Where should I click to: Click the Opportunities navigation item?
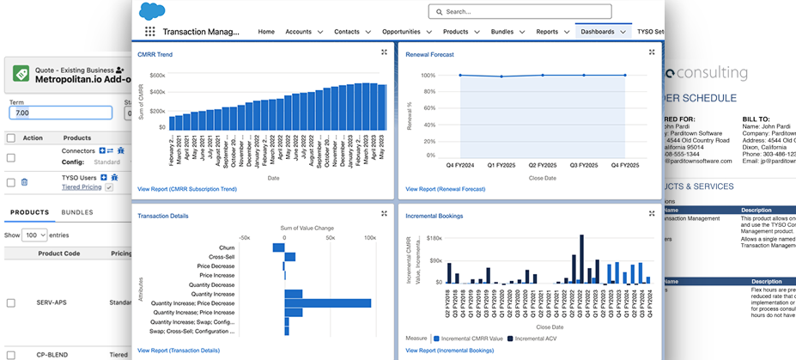tap(406, 32)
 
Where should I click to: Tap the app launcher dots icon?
tap(150, 32)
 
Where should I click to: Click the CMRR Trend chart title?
tap(155, 54)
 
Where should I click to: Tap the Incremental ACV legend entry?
tap(536, 339)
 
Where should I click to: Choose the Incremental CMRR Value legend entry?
tap(471, 339)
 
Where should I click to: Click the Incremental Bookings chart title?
tap(434, 216)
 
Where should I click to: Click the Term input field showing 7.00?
tap(59, 113)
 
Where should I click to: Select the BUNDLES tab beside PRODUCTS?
tap(77, 212)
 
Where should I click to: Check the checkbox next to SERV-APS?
tap(10, 302)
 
